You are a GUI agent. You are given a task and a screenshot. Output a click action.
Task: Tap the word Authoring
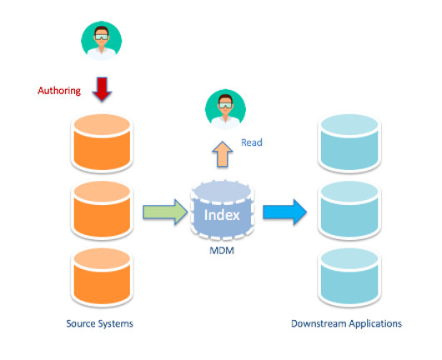(60, 91)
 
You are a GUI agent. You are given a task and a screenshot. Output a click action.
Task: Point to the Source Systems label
(99, 323)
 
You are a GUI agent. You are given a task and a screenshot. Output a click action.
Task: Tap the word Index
(223, 215)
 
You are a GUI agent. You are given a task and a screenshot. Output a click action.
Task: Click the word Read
(252, 142)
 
